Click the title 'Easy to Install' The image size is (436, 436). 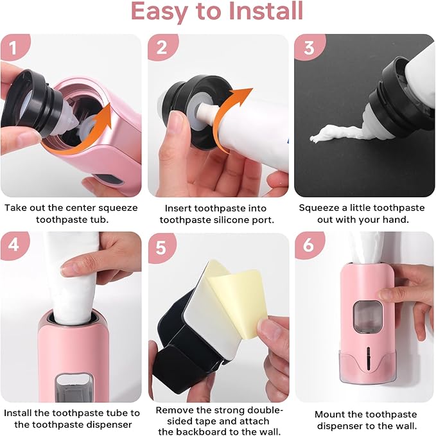(x=218, y=12)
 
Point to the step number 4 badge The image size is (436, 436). (x=11, y=245)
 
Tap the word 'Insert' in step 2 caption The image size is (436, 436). (x=182, y=209)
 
